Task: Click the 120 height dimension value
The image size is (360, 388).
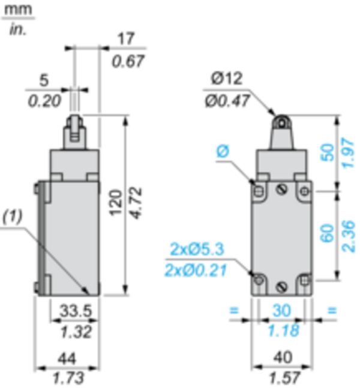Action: coord(116,203)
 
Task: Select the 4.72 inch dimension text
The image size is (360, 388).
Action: coord(136,203)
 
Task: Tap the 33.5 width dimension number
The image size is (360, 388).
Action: coord(76,311)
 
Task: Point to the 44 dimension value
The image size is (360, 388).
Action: coord(67,359)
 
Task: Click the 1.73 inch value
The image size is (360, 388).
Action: coord(68,378)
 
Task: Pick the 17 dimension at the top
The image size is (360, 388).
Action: coord(126,38)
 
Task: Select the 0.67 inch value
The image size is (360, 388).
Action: coord(128,61)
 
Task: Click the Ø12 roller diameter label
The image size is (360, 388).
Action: coord(226,79)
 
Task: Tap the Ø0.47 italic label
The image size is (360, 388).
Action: coord(227,101)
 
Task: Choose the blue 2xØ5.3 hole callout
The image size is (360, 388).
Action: coord(197,249)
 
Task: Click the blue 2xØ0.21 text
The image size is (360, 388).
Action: coord(196,270)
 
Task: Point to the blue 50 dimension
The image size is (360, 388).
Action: coord(327,152)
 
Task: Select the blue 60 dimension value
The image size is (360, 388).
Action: coord(327,233)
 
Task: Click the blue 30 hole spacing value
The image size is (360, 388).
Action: coord(281,311)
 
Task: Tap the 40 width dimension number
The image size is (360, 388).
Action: coord(283,357)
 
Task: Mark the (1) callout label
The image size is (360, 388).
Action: coord(13,216)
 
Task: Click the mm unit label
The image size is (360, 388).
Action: coord(19,10)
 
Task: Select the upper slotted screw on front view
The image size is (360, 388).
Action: coord(281,190)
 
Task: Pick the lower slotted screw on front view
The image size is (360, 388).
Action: coord(281,287)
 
